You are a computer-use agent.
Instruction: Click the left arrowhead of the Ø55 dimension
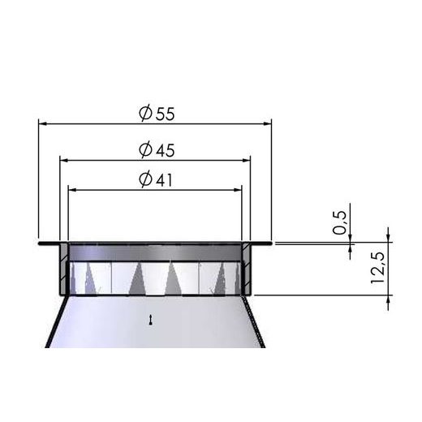tap(43, 124)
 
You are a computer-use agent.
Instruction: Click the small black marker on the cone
tap(151, 321)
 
